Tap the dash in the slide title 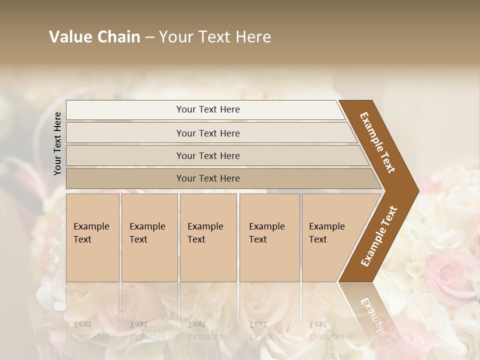point(149,37)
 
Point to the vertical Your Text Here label point(57,143)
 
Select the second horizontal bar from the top point(208,133)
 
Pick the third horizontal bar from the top point(208,155)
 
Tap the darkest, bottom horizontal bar point(208,178)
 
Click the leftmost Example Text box point(92,237)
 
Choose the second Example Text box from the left point(149,237)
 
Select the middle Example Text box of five point(208,237)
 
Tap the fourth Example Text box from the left point(269,237)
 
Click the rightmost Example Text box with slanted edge point(330,237)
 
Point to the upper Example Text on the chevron point(377,142)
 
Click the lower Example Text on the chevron point(379,236)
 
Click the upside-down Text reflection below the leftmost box point(82,323)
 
